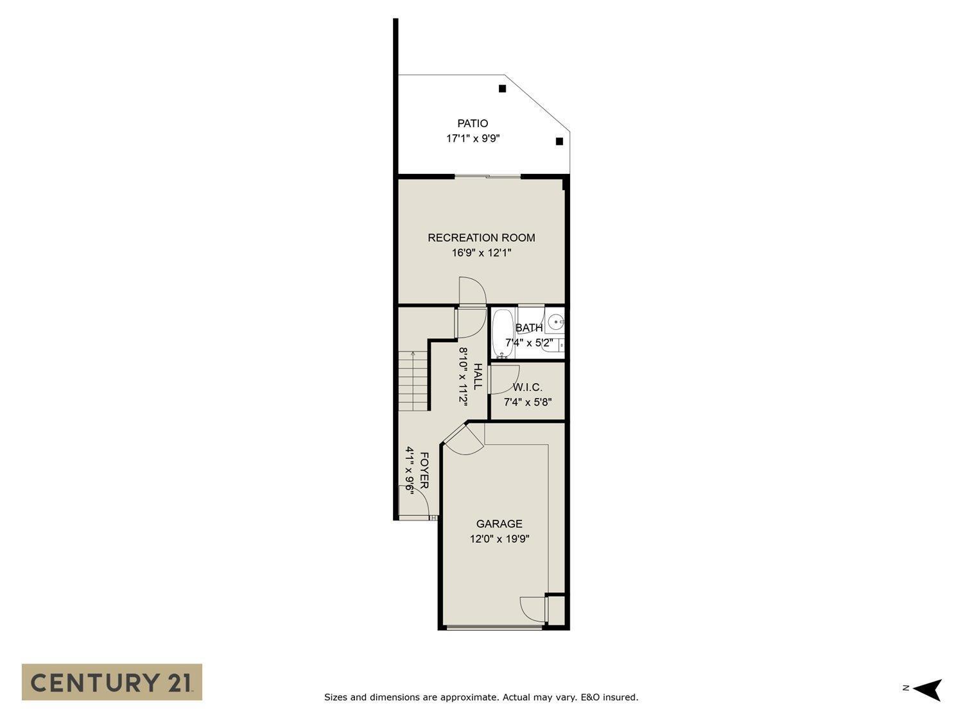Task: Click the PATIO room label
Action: tap(473, 123)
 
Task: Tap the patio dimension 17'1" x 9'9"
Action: tap(473, 138)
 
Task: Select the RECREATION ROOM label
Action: tap(481, 237)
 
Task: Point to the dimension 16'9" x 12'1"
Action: tap(481, 253)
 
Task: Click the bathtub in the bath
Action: tap(502, 333)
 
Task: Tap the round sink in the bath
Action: tap(555, 320)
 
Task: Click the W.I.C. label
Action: tap(527, 388)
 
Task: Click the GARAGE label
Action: tap(499, 524)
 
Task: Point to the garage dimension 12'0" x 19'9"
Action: tap(499, 539)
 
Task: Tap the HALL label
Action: tap(478, 376)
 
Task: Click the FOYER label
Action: tap(424, 470)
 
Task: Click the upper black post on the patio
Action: tap(503, 89)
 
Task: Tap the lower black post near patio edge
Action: tap(559, 141)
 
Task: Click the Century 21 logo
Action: tap(112, 682)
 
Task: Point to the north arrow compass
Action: tap(926, 690)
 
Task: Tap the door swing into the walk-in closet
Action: tap(502, 379)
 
